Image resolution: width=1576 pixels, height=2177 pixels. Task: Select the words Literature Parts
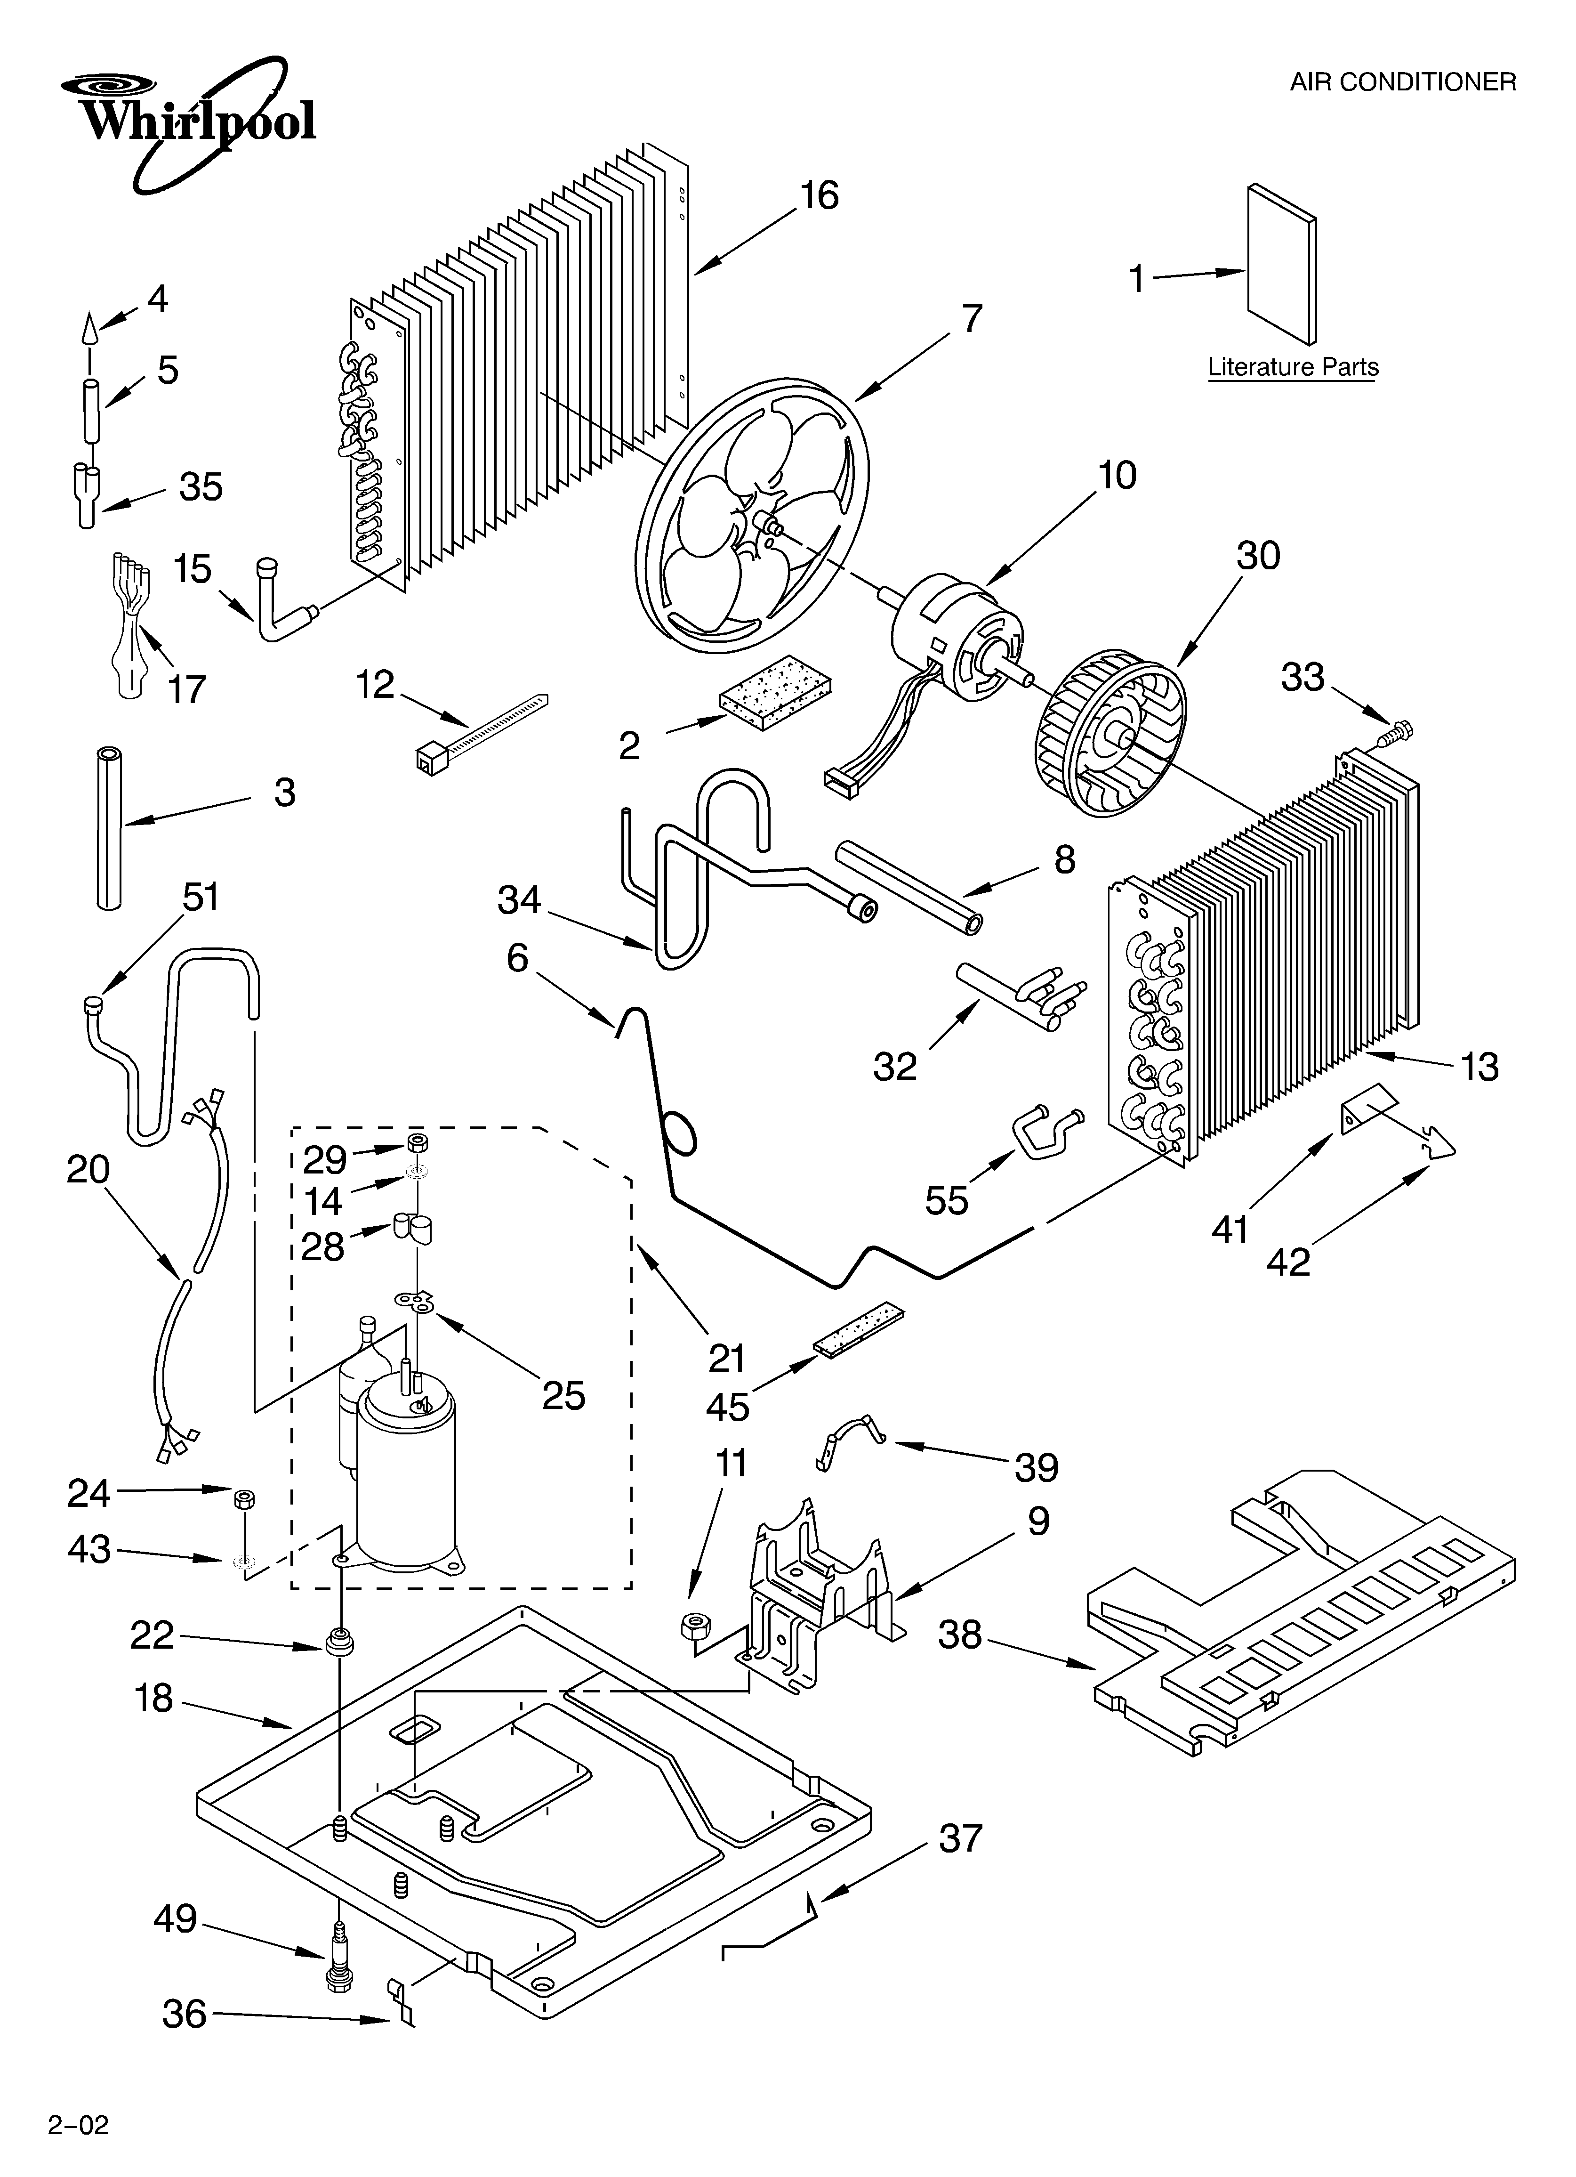tap(1293, 368)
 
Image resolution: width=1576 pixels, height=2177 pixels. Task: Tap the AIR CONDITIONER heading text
tap(1402, 82)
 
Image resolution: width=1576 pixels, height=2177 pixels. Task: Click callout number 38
tap(960, 1635)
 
